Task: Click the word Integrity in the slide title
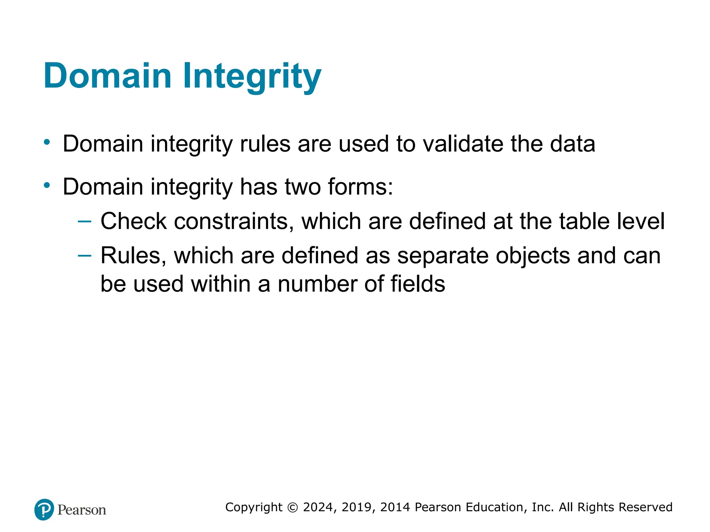coord(252,76)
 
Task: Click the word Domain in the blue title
coord(107,76)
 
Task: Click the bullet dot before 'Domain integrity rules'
coord(47,142)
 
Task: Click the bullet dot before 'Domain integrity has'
coord(47,185)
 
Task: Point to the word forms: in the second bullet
coord(361,187)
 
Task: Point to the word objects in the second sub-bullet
coord(533,257)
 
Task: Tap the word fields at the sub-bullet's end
coord(418,284)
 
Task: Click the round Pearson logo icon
coord(44,509)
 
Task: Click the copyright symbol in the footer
coord(293,507)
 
